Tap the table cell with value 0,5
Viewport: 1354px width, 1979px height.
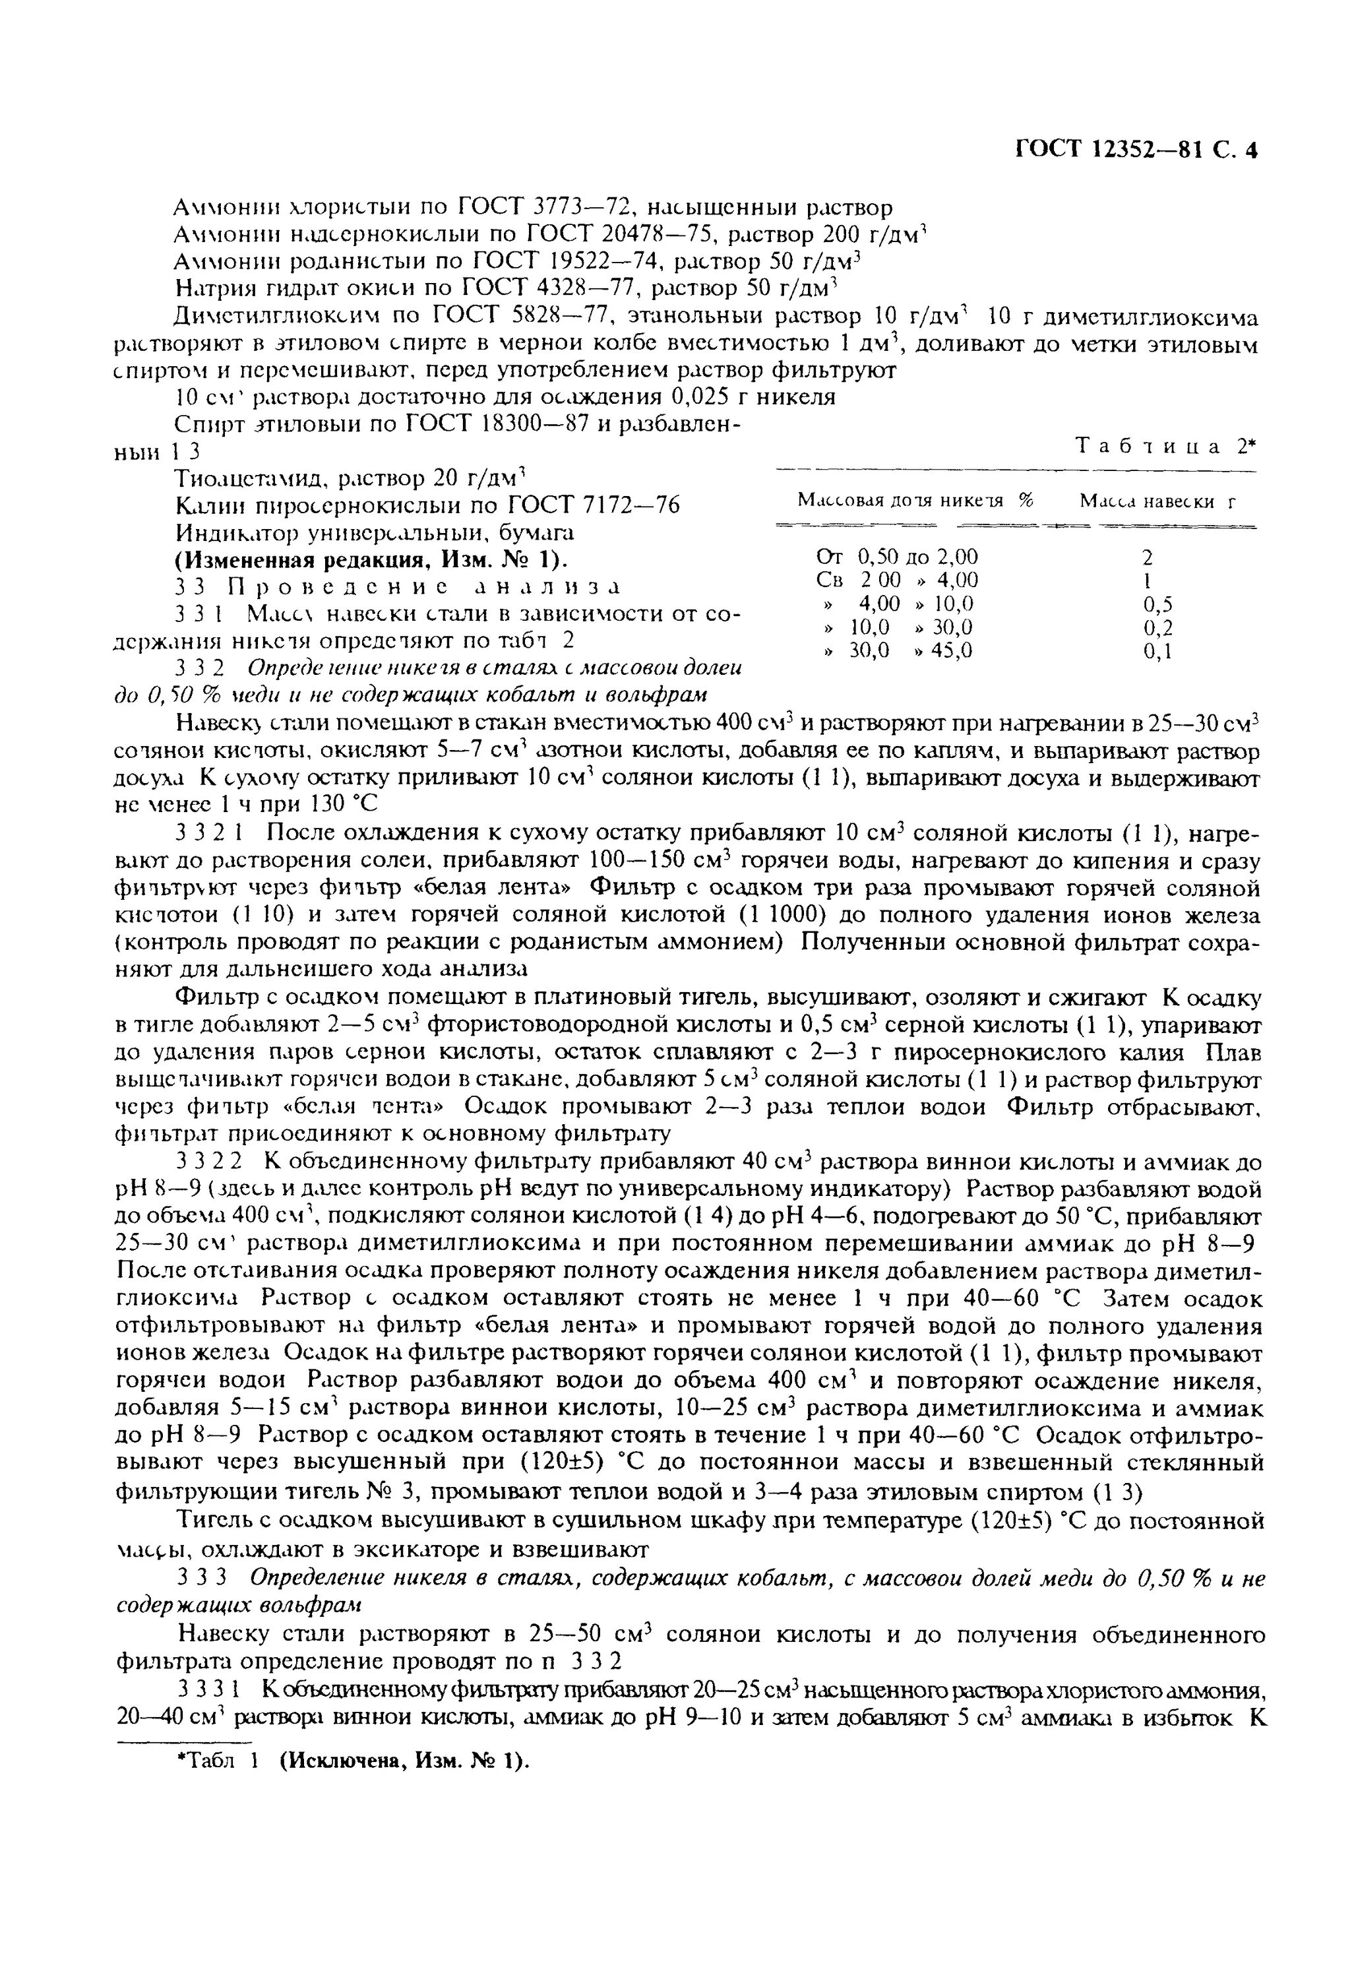click(1157, 605)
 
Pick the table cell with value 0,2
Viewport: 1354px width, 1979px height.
click(1157, 629)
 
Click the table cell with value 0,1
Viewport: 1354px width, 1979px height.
click(1157, 652)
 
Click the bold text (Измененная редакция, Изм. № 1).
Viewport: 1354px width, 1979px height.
click(371, 559)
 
